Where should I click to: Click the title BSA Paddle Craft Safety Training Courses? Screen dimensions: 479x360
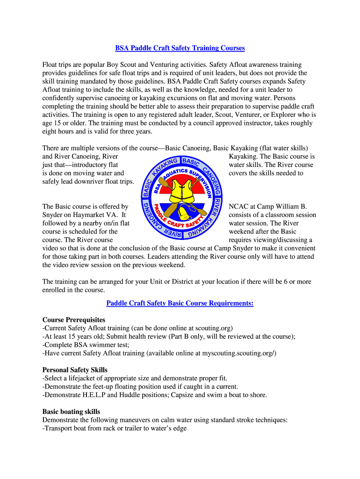pos(180,48)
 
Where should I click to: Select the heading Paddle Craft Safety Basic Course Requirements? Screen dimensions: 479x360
pos(180,303)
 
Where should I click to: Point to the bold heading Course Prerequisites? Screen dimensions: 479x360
pos(74,320)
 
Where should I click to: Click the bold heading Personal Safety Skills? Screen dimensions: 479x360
pos(75,370)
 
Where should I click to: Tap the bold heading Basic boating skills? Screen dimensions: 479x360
pos(71,412)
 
